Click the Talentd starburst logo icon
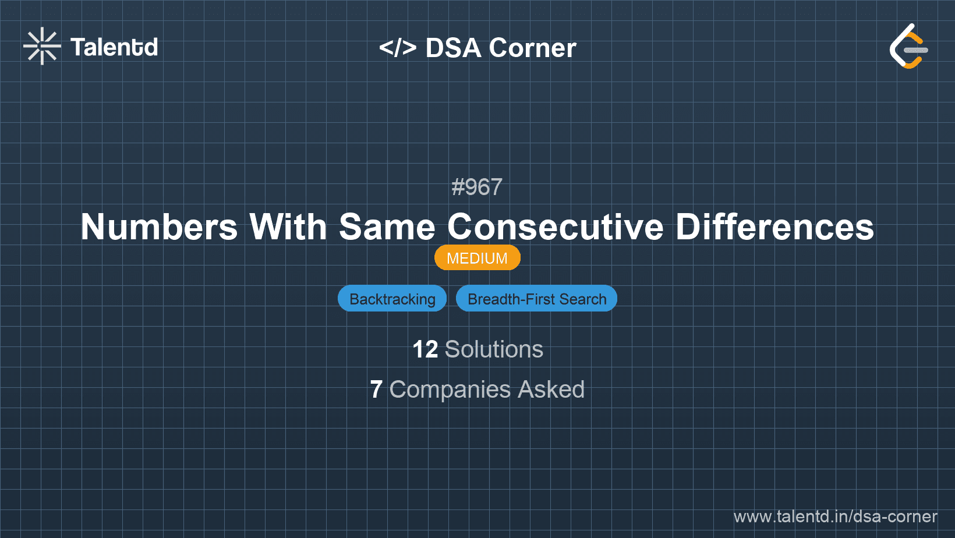(42, 46)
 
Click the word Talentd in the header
(114, 47)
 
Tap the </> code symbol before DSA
(398, 48)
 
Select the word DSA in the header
(453, 48)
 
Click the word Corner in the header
(532, 48)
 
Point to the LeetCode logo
(908, 47)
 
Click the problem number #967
(477, 187)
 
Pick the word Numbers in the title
(159, 226)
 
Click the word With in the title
(288, 226)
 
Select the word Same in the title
(387, 226)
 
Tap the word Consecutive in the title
(555, 226)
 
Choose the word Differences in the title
(774, 226)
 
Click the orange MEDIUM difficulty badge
(477, 258)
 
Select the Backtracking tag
(392, 299)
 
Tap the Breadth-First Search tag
(536, 299)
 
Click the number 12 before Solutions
(425, 349)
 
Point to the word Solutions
(494, 349)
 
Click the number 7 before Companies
(376, 390)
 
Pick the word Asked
(551, 390)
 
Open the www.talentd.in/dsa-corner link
(835, 516)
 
